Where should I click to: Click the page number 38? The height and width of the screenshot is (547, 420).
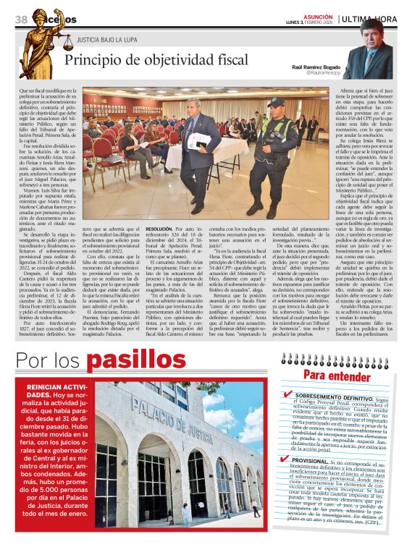tap(20, 19)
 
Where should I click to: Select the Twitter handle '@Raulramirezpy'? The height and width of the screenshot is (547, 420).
tap(322, 73)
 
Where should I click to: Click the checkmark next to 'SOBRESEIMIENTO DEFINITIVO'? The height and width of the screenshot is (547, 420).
tap(287, 395)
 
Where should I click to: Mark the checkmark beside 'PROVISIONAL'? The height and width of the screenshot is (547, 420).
tap(287, 461)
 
